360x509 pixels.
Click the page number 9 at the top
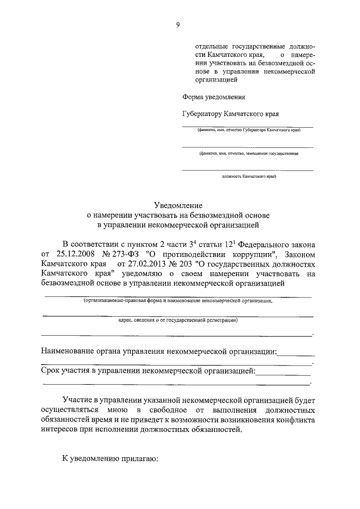178,24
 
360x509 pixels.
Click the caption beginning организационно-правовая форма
178,301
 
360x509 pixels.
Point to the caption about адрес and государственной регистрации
178,321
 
